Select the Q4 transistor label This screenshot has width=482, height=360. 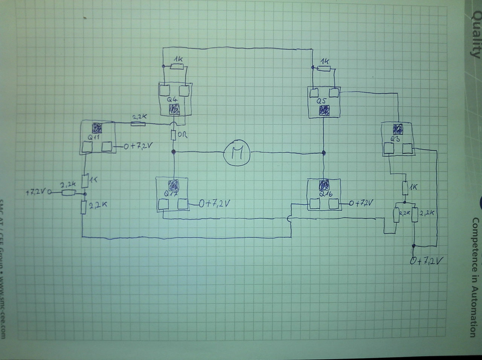click(x=172, y=100)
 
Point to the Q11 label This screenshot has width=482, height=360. click(x=93, y=137)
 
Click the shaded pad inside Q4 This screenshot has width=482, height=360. click(x=174, y=110)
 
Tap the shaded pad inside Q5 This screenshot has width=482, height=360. click(x=324, y=110)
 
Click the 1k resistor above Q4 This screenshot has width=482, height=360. click(x=177, y=67)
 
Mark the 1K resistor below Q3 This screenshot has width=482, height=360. click(x=405, y=187)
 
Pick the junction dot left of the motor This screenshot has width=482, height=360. click(x=174, y=152)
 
